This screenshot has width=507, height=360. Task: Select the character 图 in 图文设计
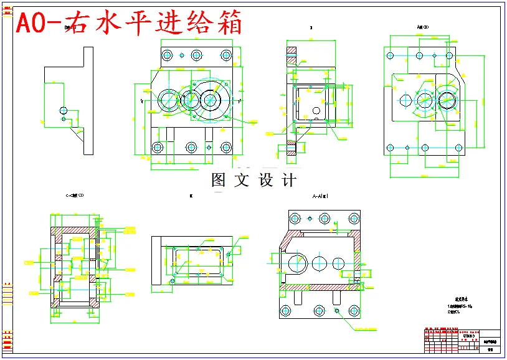click(x=219, y=180)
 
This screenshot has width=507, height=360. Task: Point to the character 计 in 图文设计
click(x=289, y=180)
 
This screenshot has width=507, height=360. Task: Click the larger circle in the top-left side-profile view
click(x=64, y=111)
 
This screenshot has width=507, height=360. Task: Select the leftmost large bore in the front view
click(x=168, y=99)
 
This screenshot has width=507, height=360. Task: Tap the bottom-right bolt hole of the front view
click(x=225, y=148)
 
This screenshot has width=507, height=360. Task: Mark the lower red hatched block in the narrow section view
click(x=290, y=149)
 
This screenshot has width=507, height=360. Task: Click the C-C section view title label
click(x=74, y=196)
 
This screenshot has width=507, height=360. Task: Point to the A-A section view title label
click(x=320, y=196)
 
